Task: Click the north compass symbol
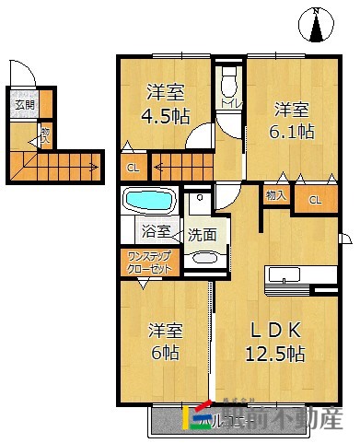pyautogui.click(x=317, y=25)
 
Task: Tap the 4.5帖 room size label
pyautogui.click(x=167, y=117)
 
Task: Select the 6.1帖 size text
pyautogui.click(x=292, y=131)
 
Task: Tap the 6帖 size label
pyautogui.click(x=167, y=353)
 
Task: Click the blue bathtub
pyautogui.click(x=150, y=200)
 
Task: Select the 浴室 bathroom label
pyautogui.click(x=152, y=233)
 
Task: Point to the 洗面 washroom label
pyautogui.click(x=202, y=235)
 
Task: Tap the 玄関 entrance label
pyautogui.click(x=24, y=105)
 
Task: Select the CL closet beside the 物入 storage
pyautogui.click(x=314, y=200)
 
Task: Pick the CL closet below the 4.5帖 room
pyautogui.click(x=133, y=169)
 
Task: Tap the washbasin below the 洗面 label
pyautogui.click(x=202, y=257)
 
